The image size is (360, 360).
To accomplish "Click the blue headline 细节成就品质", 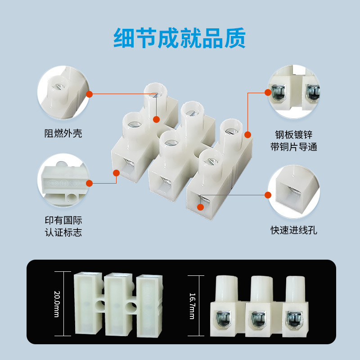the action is point(180,38).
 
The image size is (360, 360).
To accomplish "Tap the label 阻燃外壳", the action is point(63,133).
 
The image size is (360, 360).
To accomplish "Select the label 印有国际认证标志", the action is point(63,226).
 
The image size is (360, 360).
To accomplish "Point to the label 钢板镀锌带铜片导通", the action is point(294,141).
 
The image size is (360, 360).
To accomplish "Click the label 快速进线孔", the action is point(294,230).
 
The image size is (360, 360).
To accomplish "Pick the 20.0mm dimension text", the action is point(57,304).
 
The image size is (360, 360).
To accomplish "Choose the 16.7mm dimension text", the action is point(193,306).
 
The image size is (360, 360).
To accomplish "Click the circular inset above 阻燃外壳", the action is point(63,92).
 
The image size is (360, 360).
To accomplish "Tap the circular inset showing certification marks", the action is point(63,180).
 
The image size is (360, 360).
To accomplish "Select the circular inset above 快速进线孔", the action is point(294,192).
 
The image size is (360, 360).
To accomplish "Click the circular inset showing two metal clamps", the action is point(294,92).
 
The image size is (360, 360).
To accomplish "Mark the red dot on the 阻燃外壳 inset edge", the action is point(89,94).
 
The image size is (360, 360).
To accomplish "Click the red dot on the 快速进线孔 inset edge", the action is point(268,195).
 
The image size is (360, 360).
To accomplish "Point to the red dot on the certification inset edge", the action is point(89,183).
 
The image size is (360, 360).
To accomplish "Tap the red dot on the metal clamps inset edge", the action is point(268,93).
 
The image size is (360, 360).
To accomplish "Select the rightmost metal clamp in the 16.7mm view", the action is point(294,319).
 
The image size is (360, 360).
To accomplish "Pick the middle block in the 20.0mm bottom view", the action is point(119,305).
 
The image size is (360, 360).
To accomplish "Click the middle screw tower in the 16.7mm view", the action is point(261,289).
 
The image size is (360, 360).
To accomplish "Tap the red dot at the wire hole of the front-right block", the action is point(200,207).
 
